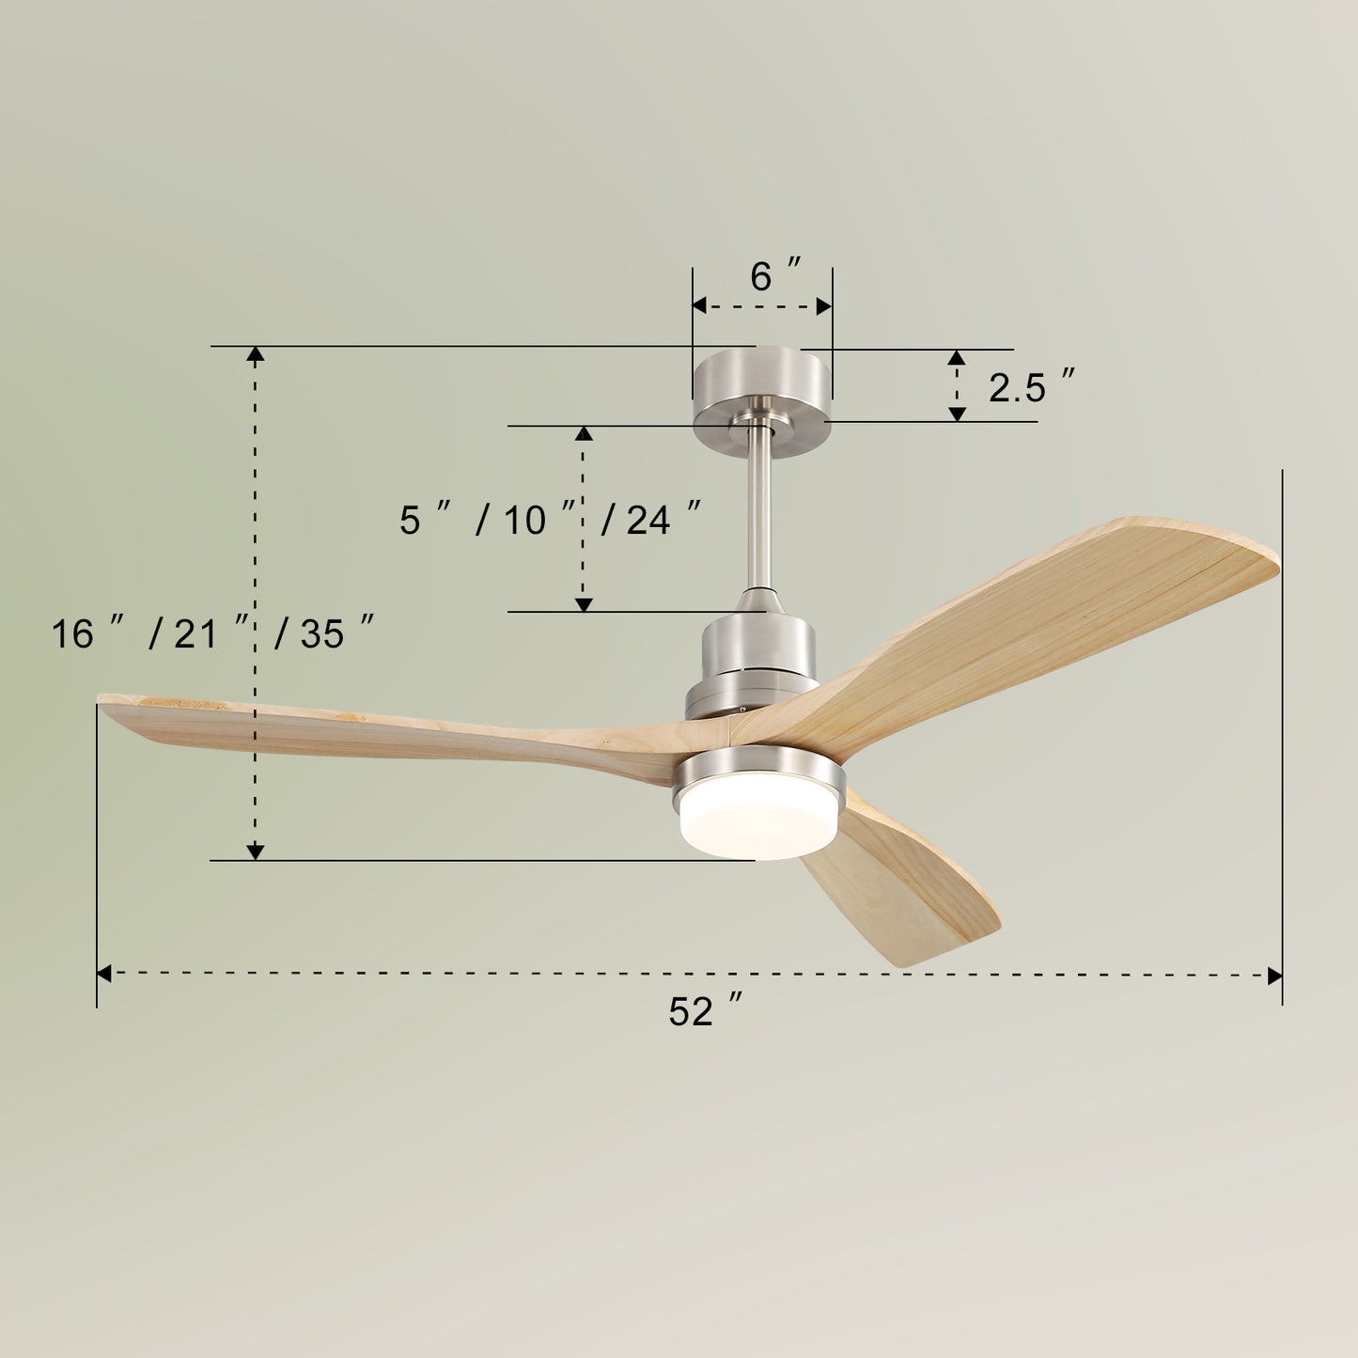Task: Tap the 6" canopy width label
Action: coord(775,276)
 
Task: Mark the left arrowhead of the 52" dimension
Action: coord(104,975)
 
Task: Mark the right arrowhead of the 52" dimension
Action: coord(1275,976)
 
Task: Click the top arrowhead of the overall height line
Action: coord(255,353)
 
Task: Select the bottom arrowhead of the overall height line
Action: coord(255,852)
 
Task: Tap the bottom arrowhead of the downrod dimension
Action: coord(584,604)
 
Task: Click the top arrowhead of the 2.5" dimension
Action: coord(957,357)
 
